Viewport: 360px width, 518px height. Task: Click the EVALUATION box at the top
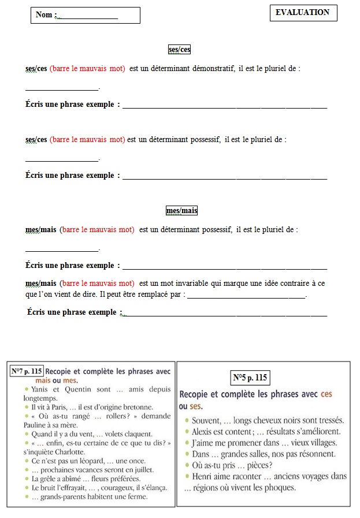pos(303,12)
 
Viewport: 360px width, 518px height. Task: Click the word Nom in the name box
pos(44,15)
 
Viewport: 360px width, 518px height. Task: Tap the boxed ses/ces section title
pos(179,50)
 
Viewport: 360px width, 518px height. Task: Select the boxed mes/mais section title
pos(181,211)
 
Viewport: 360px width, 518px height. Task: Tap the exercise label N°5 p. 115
pos(250,378)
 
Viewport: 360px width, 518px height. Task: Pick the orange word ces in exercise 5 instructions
pos(326,395)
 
